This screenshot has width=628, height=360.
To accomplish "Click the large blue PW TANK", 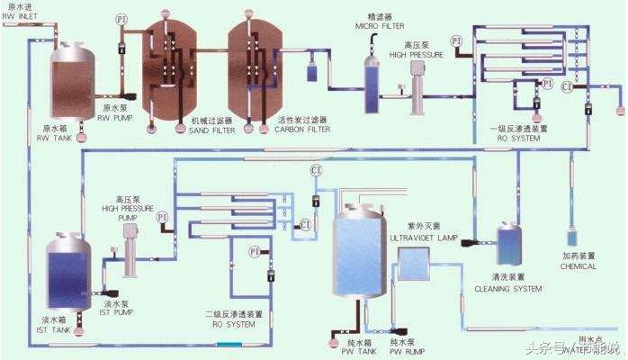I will pos(362,256).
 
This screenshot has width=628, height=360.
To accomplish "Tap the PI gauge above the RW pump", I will pos(121,19).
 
